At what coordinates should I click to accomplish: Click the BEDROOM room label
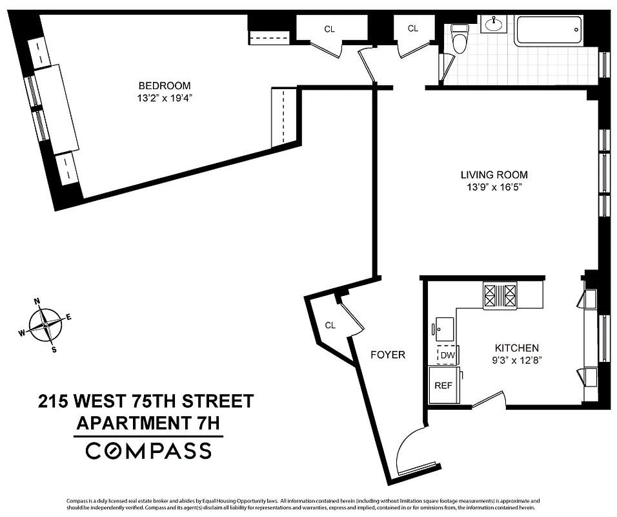click(x=165, y=86)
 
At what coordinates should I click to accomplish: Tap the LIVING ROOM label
click(x=494, y=174)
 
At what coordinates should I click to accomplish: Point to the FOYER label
click(x=388, y=355)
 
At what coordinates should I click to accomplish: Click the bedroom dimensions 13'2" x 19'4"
click(x=165, y=98)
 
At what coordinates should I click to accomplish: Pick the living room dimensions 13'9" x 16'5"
click(x=494, y=187)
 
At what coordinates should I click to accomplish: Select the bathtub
click(x=549, y=30)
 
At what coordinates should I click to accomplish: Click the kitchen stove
click(x=500, y=297)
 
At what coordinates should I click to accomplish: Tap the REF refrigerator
click(x=442, y=385)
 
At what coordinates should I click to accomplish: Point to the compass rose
click(x=45, y=324)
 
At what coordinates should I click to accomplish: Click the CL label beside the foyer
click(x=330, y=326)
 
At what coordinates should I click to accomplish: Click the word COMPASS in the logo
click(x=148, y=450)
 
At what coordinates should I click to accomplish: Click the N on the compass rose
click(x=37, y=301)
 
